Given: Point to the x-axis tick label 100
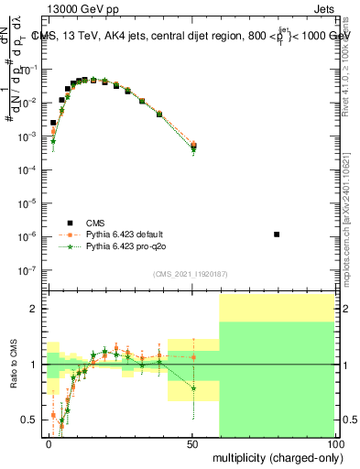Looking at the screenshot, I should [335, 443].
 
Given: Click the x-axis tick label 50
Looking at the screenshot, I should [192, 443].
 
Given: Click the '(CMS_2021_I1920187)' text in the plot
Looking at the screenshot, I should [190, 274].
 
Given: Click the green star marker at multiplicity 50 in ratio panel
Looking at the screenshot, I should [193, 387].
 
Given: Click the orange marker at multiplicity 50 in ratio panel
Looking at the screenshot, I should [193, 357].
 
